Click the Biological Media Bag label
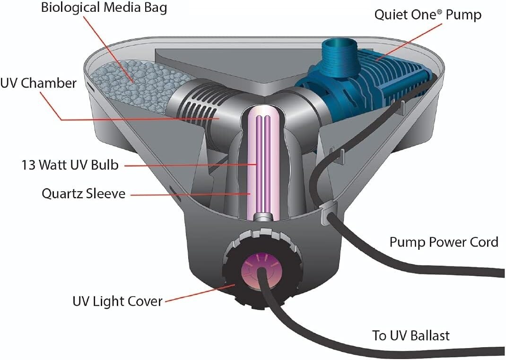(104, 8)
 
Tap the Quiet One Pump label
(427, 15)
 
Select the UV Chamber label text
(38, 83)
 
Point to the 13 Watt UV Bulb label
(70, 165)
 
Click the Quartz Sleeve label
(84, 193)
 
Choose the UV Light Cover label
(117, 301)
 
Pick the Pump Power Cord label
(444, 242)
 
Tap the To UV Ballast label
(410, 336)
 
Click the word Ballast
(427, 336)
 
